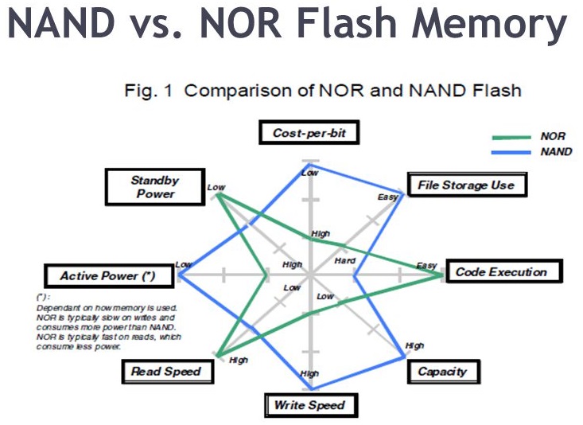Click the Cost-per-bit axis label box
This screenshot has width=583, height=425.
[309, 133]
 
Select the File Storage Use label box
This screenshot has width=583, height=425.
[466, 185]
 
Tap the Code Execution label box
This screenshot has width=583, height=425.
[501, 272]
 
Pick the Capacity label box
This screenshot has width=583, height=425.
[442, 371]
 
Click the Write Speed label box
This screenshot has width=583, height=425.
[310, 405]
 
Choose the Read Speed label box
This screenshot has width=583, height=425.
[166, 371]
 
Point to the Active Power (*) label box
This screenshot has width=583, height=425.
[107, 276]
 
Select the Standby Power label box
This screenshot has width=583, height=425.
[155, 187]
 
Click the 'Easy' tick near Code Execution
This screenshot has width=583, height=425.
[426, 265]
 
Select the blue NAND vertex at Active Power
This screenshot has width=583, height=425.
[179, 275]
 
